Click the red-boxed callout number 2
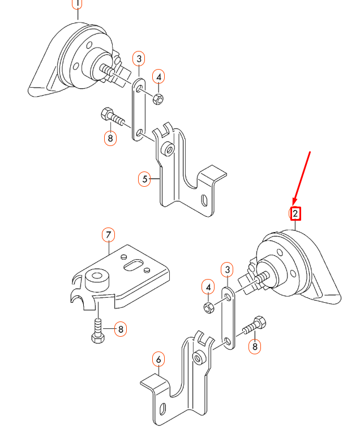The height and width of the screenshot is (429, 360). pyautogui.click(x=295, y=213)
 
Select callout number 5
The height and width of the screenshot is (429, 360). pyautogui.click(x=144, y=179)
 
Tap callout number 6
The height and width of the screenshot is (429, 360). pyautogui.click(x=158, y=359)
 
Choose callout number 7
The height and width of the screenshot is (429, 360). pyautogui.click(x=108, y=235)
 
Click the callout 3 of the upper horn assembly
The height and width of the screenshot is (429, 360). pyautogui.click(x=139, y=58)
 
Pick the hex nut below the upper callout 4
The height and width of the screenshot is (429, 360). pyautogui.click(x=158, y=99)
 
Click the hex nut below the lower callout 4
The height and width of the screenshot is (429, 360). pyautogui.click(x=209, y=307)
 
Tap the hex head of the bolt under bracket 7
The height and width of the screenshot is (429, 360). pyautogui.click(x=98, y=338)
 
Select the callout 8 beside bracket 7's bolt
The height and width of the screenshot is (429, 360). pyautogui.click(x=121, y=329)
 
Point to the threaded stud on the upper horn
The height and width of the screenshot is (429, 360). pyautogui.click(x=107, y=70)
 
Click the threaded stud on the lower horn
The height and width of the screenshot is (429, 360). pyautogui.click(x=262, y=277)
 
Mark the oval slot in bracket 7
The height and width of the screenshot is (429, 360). pyautogui.click(x=133, y=265)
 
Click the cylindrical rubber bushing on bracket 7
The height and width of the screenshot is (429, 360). pyautogui.click(x=97, y=281)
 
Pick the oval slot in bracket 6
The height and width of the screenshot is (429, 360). pyautogui.click(x=162, y=409)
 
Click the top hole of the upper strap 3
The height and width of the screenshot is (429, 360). pyautogui.click(x=139, y=89)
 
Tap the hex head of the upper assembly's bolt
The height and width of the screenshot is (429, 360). pyautogui.click(x=106, y=114)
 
